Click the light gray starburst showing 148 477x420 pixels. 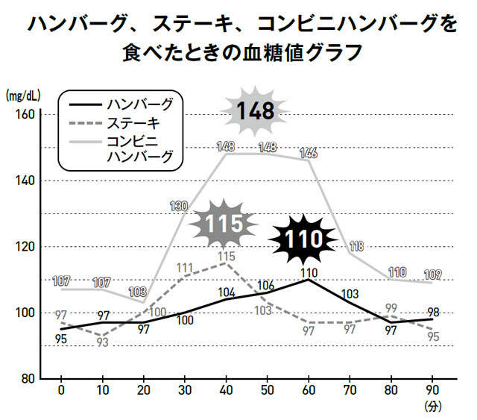point(256,111)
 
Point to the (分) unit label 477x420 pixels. point(434,407)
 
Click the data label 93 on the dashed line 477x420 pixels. point(102,342)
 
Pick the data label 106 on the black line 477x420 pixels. point(266,285)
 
